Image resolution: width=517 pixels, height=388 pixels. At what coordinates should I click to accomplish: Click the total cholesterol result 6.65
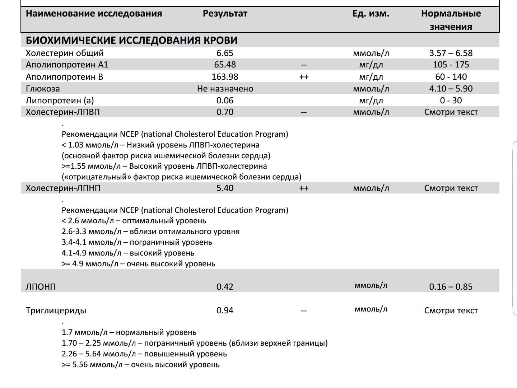click(225, 53)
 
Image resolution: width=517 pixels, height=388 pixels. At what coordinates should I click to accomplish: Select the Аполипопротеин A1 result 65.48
click(225, 65)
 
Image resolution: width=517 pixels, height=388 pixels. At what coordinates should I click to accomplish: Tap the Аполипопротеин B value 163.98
click(225, 77)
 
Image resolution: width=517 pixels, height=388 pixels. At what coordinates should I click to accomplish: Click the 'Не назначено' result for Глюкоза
click(225, 89)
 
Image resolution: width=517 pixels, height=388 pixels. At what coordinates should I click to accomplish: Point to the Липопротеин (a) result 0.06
click(225, 100)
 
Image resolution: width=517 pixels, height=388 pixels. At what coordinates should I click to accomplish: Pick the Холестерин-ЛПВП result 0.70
click(225, 112)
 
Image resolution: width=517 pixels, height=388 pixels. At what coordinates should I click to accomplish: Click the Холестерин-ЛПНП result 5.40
click(225, 188)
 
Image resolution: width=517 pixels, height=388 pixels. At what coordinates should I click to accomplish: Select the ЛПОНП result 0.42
click(225, 287)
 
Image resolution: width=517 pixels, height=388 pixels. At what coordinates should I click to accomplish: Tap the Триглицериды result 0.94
click(225, 310)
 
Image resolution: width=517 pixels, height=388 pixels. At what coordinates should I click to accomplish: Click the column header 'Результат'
click(225, 14)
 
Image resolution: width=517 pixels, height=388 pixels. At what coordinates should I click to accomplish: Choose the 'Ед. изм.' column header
click(371, 14)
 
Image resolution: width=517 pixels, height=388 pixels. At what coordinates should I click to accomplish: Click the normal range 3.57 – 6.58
click(451, 53)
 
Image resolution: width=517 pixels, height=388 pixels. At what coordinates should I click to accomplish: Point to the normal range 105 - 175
click(451, 65)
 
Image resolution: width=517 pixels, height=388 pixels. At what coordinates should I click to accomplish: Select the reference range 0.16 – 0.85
click(451, 287)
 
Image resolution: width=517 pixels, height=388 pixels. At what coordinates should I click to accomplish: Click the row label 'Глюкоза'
click(43, 89)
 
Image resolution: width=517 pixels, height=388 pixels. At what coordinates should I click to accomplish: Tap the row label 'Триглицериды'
click(56, 310)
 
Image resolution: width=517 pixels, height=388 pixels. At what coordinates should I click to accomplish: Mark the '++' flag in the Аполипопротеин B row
click(304, 77)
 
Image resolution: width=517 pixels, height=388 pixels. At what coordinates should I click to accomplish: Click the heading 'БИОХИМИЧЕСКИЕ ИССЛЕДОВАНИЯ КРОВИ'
click(131, 40)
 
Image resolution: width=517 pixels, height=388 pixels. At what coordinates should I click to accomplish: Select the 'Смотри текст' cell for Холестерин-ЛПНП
click(451, 188)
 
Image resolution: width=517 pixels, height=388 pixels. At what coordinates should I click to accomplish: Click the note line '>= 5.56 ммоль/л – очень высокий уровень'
click(140, 365)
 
